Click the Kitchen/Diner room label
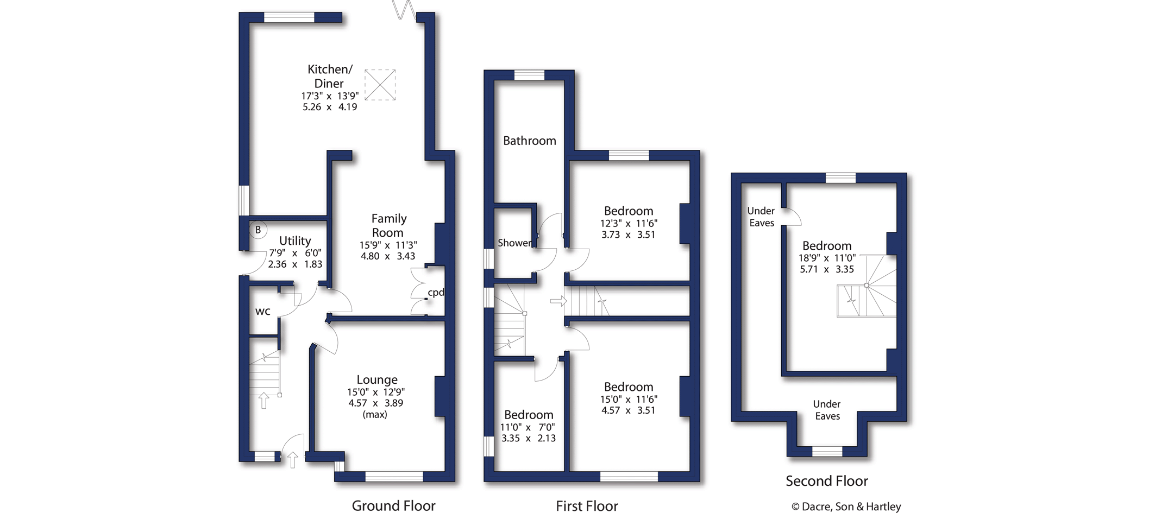tap(330, 76)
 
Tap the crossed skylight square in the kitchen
tap(380, 85)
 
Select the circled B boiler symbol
tap(258, 230)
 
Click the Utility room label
tap(295, 240)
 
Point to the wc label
tap(263, 312)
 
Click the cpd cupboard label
tap(436, 293)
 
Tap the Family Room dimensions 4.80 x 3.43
tap(388, 256)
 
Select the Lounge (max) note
tap(375, 415)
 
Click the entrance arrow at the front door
tap(293, 459)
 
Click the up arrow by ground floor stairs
tap(264, 400)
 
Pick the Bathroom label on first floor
tap(529, 141)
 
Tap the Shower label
tap(514, 243)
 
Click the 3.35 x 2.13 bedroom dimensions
tap(528, 438)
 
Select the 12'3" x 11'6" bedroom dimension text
tap(629, 223)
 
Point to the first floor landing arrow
tap(558, 301)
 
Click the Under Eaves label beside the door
tap(761, 217)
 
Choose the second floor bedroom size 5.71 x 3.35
tap(827, 269)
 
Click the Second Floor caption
tap(826, 481)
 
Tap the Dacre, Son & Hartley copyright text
tap(846, 506)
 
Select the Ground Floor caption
tap(393, 506)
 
